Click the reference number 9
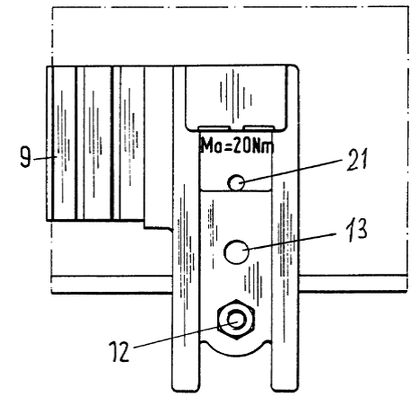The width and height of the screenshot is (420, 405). tap(25, 157)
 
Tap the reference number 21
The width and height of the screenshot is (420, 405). tap(356, 160)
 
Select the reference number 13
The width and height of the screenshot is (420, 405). tap(356, 230)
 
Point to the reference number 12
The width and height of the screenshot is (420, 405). tap(119, 351)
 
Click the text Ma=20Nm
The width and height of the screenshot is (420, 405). tap(237, 146)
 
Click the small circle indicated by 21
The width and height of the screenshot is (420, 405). tap(236, 182)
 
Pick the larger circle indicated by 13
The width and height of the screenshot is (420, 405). tap(236, 251)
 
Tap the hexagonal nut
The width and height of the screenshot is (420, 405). tap(236, 320)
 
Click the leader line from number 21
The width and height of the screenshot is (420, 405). tap(291, 171)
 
